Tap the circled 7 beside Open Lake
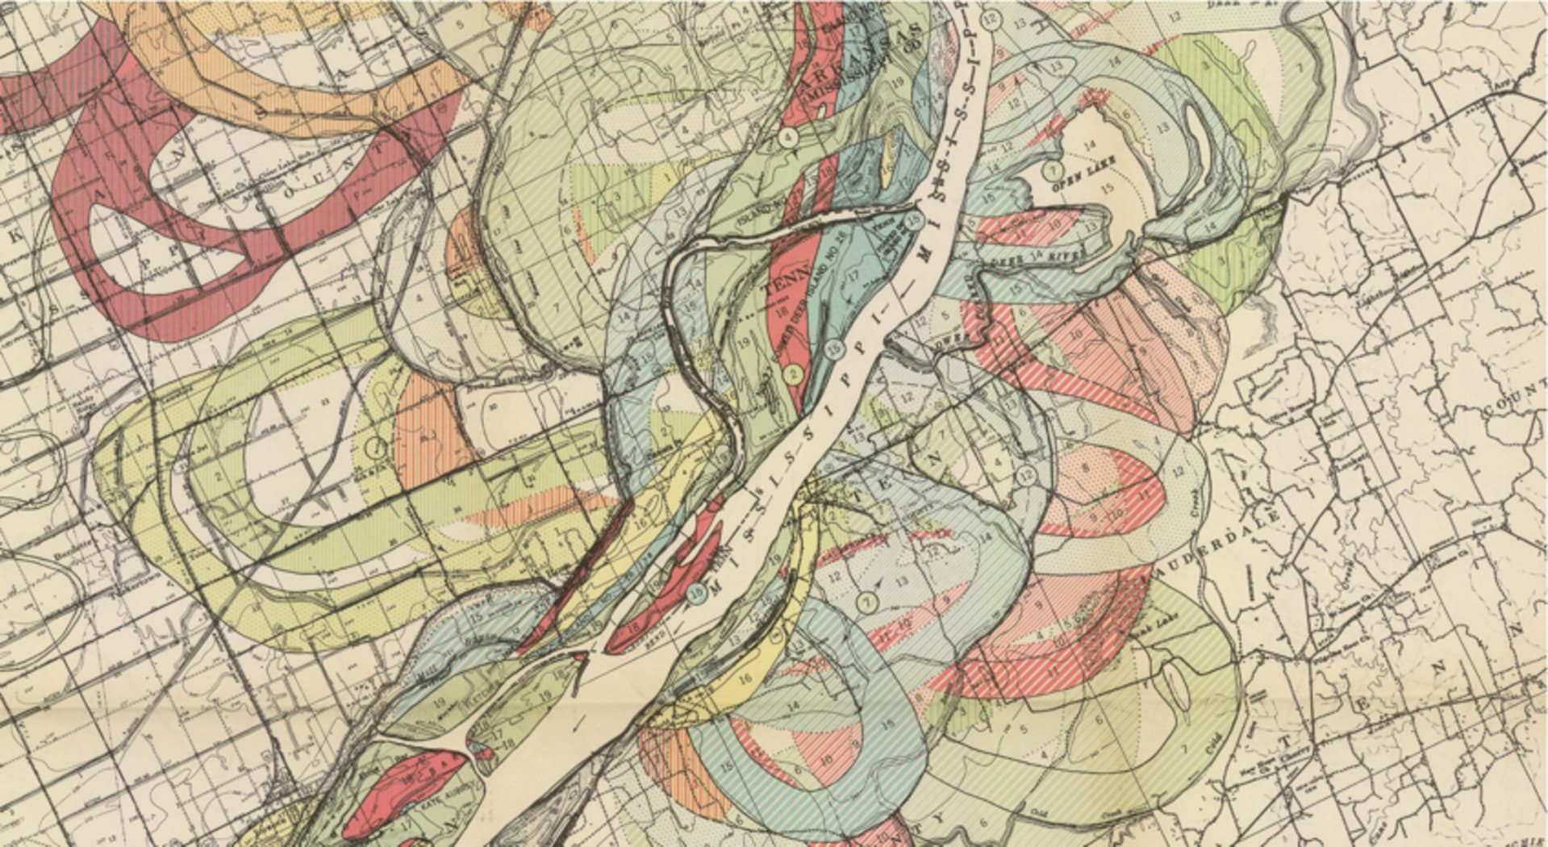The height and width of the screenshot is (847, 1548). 1052,170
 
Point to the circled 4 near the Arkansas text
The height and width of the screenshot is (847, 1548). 789,137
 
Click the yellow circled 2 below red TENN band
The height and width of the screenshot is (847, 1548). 792,374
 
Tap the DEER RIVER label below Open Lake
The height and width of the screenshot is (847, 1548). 1049,260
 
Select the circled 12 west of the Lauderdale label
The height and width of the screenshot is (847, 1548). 1026,474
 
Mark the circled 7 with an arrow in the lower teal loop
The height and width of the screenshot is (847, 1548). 867,601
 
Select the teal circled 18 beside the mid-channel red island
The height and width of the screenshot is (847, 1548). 699,593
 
